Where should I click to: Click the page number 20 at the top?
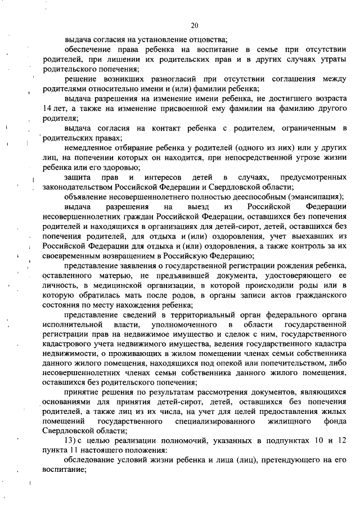195,25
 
